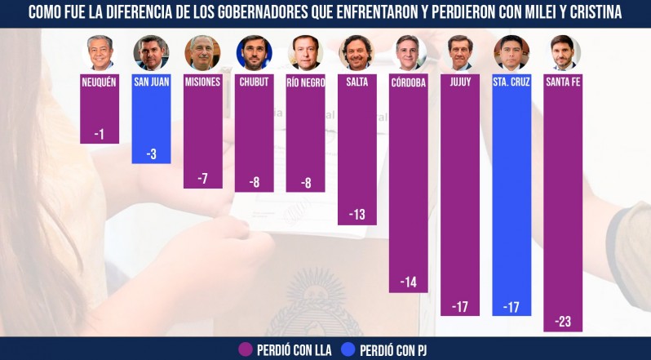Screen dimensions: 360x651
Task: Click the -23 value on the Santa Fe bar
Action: tap(563, 322)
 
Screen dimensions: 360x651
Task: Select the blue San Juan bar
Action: tap(151, 122)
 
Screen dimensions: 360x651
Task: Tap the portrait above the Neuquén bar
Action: tap(100, 52)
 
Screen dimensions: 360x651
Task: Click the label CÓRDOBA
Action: tap(409, 82)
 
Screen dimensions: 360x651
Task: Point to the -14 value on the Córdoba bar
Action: tap(409, 282)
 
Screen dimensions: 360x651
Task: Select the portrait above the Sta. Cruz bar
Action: tap(511, 52)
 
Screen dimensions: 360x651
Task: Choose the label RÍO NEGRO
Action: tap(306, 82)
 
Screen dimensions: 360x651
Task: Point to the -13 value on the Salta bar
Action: tap(357, 216)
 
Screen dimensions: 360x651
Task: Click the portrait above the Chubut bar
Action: tap(254, 52)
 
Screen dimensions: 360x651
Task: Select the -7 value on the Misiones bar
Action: tap(202, 179)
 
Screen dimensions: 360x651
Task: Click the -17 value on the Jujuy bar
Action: tap(460, 307)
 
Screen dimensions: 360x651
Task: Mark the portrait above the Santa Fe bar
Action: tap(563, 52)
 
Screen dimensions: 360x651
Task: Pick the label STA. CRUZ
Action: tap(511, 82)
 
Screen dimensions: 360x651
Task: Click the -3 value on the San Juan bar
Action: tap(151, 154)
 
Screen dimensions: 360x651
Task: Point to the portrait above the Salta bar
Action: tap(357, 52)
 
